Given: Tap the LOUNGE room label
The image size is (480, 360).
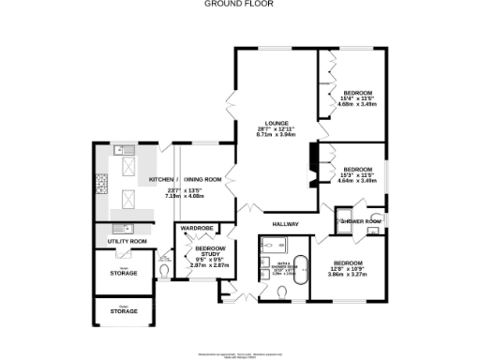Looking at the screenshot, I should coord(276,123).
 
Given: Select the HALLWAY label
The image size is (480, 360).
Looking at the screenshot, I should coord(285,224).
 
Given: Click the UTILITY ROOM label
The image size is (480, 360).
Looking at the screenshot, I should coord(127,242).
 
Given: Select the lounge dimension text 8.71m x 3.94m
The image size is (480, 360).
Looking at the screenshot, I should coord(276,135).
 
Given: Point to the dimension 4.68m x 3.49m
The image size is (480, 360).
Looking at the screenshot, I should coord(357,105).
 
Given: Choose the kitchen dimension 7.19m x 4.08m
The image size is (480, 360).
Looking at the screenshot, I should coord(184,197).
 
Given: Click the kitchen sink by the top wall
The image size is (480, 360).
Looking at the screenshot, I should coord(118,150).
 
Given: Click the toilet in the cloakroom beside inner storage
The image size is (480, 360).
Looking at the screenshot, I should coord(166,274).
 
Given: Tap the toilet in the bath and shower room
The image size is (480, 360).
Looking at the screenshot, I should coord(284,292).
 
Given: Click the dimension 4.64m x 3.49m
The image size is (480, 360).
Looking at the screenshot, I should coord(357,180).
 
